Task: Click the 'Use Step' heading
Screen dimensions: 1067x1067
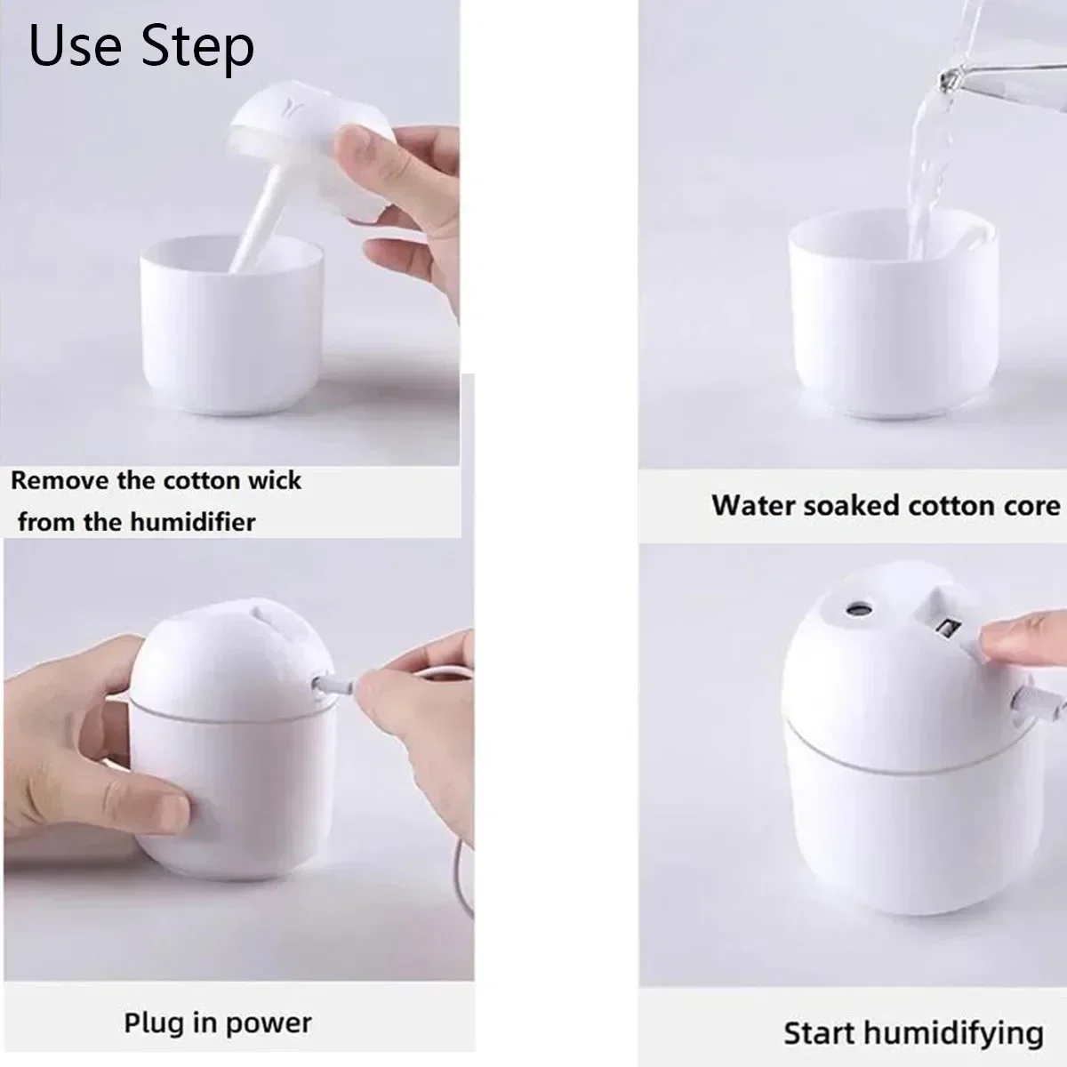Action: tap(141, 45)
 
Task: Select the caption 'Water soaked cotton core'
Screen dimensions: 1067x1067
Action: tap(886, 506)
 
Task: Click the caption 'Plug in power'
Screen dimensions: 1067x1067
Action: tap(218, 1023)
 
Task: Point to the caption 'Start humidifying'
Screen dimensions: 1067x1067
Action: tap(913, 1033)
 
